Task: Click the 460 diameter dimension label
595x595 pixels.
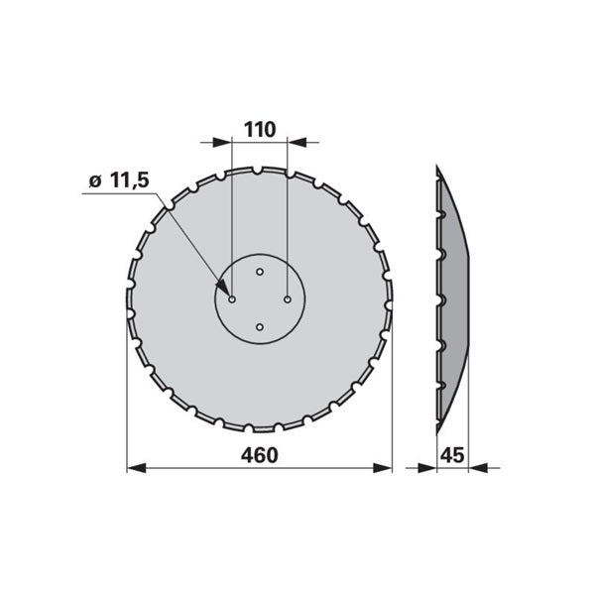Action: [260, 455]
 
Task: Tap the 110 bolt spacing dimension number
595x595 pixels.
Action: [260, 130]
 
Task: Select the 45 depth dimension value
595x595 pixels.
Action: [453, 455]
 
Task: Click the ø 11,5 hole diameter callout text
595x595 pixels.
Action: [119, 180]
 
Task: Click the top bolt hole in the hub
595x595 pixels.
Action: [260, 272]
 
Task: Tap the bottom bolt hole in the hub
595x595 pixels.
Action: [260, 327]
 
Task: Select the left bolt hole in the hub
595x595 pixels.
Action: [232, 299]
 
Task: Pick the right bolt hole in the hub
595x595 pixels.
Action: [288, 299]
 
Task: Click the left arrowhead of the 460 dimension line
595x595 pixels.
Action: [136, 468]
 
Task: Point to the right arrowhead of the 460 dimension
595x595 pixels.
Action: [382, 468]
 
